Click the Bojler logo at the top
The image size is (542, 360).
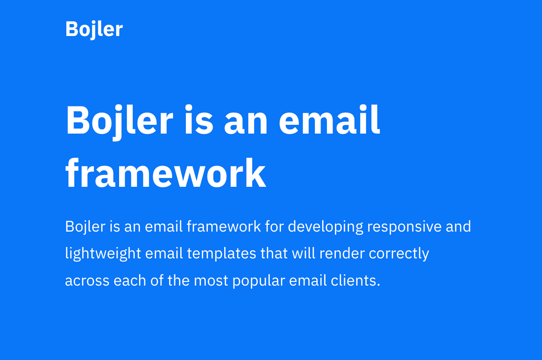coord(94,29)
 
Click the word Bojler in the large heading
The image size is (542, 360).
coord(119,120)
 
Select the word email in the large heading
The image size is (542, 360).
coord(329,120)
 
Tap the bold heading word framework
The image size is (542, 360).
coord(165,174)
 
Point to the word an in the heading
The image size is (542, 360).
coord(245,120)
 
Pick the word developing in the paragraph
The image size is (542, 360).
coord(325,227)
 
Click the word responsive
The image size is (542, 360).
coord(404,227)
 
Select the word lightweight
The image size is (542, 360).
coord(103,254)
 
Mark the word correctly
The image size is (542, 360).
coord(399,254)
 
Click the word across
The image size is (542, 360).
coord(87,280)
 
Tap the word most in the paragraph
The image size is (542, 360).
coord(211,280)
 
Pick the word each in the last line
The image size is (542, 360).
coord(130,280)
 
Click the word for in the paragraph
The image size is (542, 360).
coord(274,227)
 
